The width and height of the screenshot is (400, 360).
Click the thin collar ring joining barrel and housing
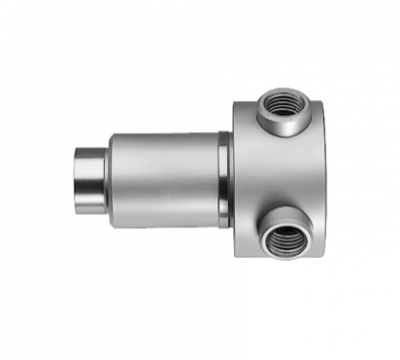click(224, 180)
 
